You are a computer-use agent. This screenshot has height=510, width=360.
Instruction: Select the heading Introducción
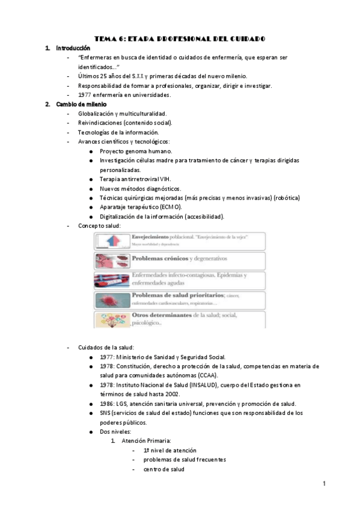73,48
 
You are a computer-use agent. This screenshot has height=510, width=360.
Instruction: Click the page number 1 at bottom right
323,484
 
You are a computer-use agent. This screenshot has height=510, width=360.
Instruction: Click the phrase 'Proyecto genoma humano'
135,151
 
